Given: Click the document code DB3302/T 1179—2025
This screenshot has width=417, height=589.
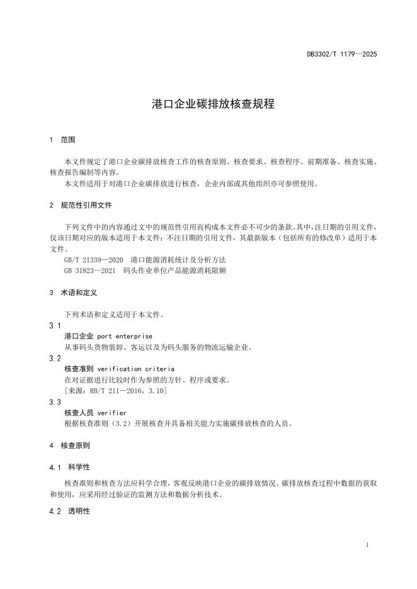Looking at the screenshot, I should tap(341, 55).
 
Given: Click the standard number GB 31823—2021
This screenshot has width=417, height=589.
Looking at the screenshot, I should tap(91, 271).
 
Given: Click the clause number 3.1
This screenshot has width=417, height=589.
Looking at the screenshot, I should tap(55, 325).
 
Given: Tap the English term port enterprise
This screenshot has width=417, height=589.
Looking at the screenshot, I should tap(125, 336).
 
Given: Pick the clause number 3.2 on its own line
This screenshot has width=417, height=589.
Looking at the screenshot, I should tap(55, 358).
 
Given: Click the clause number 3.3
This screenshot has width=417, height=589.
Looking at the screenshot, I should tap(55, 401).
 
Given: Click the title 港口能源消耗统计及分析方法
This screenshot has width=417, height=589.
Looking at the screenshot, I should tap(178, 260).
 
